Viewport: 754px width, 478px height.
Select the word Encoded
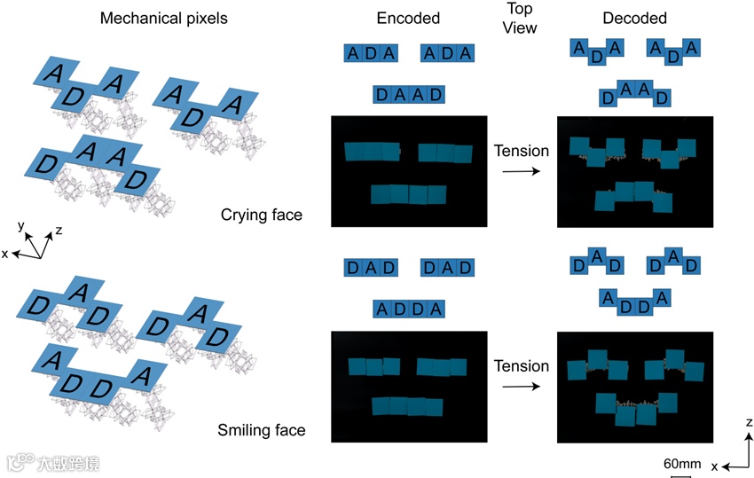click(x=408, y=19)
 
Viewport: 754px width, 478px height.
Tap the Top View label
click(x=521, y=18)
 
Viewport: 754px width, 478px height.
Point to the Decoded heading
click(x=635, y=19)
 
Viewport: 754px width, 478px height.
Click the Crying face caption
click(x=261, y=215)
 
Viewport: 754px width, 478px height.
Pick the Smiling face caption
click(x=261, y=431)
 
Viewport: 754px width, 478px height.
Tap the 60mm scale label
click(x=682, y=464)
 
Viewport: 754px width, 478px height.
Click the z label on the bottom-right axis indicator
click(x=749, y=423)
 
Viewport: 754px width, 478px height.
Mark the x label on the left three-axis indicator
click(x=6, y=254)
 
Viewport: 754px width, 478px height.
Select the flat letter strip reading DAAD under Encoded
click(x=408, y=94)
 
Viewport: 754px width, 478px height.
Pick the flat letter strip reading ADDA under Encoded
click(x=408, y=309)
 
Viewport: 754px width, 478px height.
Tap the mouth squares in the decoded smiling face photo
click(x=636, y=406)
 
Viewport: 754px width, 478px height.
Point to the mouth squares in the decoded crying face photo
click(x=634, y=195)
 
